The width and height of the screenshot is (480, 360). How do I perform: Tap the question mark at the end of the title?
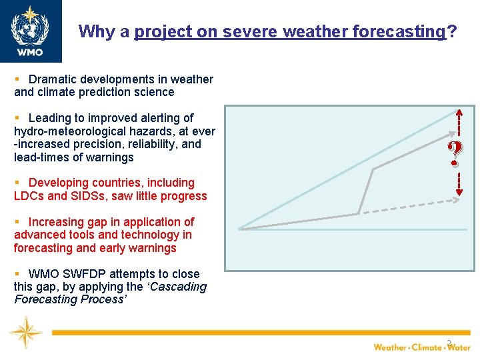click(x=453, y=31)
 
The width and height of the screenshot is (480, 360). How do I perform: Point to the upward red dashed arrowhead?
click(x=457, y=113)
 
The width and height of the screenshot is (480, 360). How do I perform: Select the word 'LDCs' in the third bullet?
click(x=29, y=196)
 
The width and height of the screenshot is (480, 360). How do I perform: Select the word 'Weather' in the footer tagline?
click(x=390, y=347)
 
